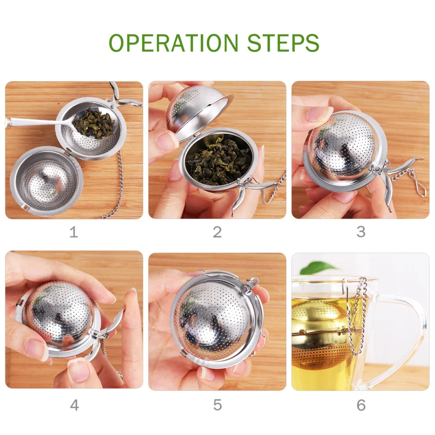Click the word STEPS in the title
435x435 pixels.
click(x=283, y=43)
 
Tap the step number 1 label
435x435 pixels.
click(x=74, y=232)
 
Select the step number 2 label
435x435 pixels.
click(x=217, y=232)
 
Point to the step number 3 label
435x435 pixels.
click(x=361, y=232)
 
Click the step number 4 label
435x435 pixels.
click(x=74, y=405)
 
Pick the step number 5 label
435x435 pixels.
click(x=217, y=405)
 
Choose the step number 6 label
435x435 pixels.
click(x=361, y=405)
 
